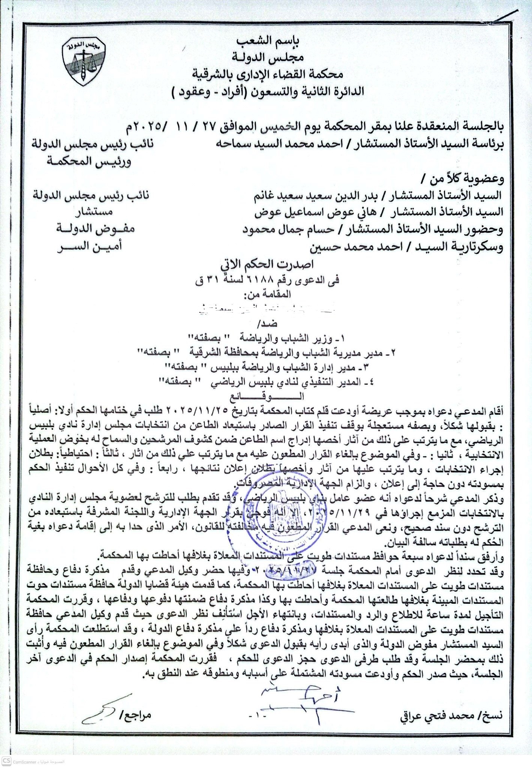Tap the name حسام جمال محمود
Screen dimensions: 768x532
pyautogui.click(x=285, y=229)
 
